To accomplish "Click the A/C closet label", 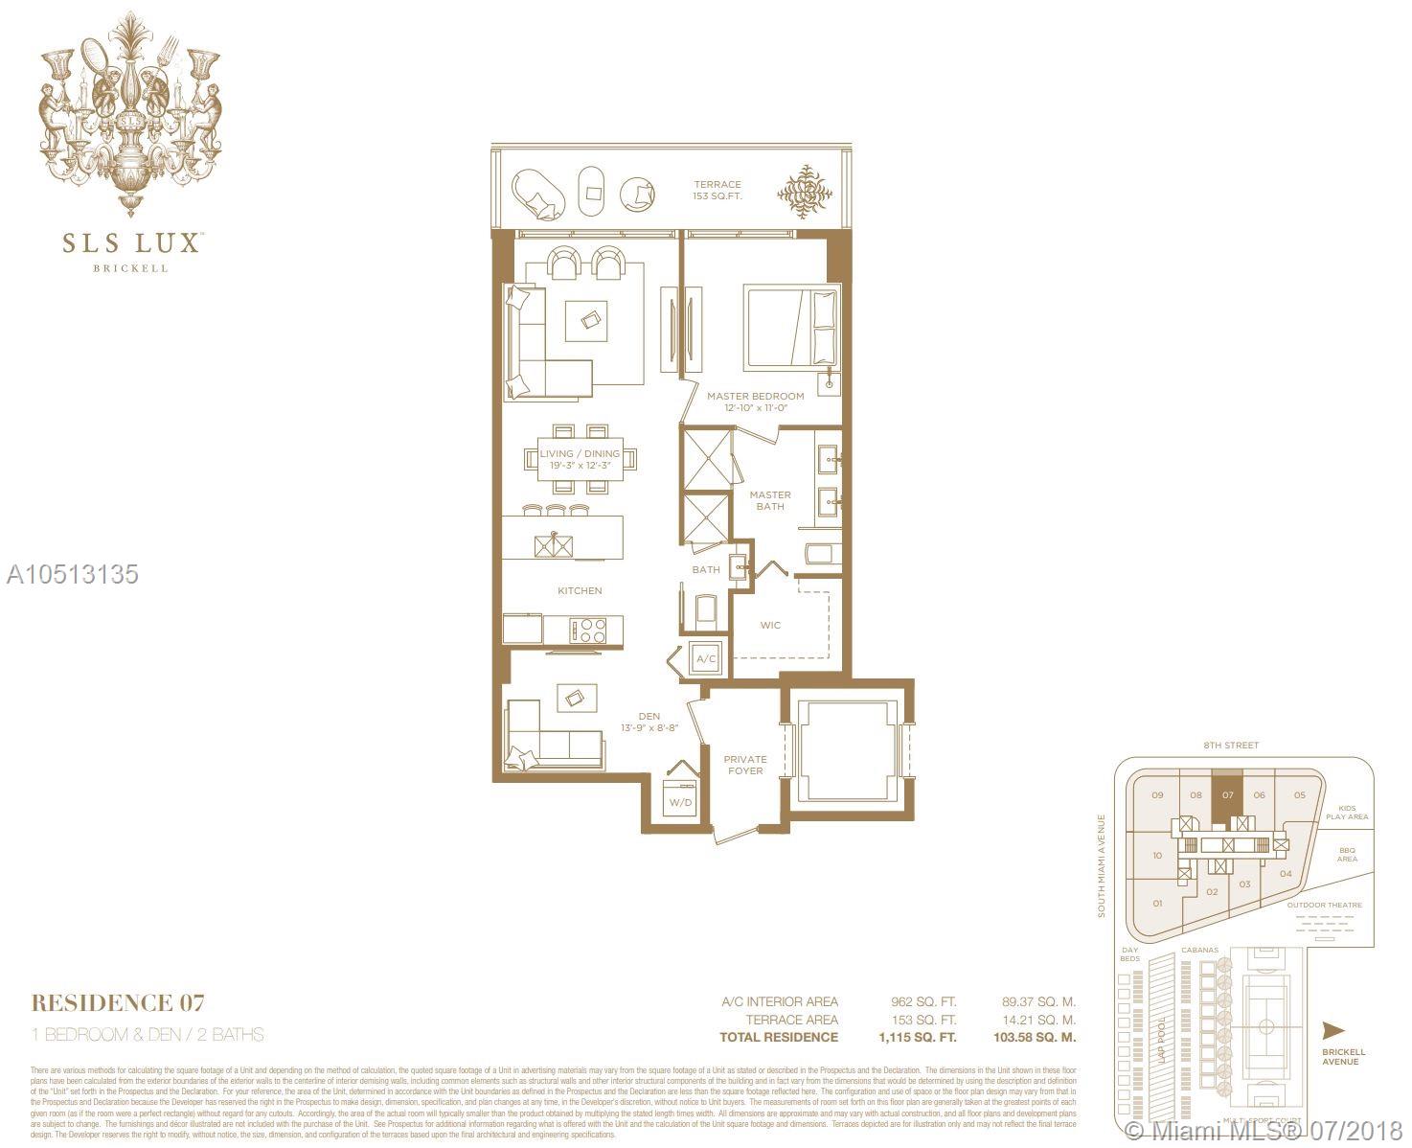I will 706,659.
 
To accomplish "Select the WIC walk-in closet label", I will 770,625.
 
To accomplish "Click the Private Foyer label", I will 744,765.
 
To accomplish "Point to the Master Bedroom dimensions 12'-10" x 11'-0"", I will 755,408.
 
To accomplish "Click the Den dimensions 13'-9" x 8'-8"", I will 649,728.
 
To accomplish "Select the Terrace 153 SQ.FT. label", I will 717,190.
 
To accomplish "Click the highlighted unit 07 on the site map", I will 1227,794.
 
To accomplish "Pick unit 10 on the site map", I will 1157,856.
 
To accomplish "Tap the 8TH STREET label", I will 1231,745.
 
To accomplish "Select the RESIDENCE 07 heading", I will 118,1003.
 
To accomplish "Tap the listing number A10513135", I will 73,574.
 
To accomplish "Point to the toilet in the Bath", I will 705,609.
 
